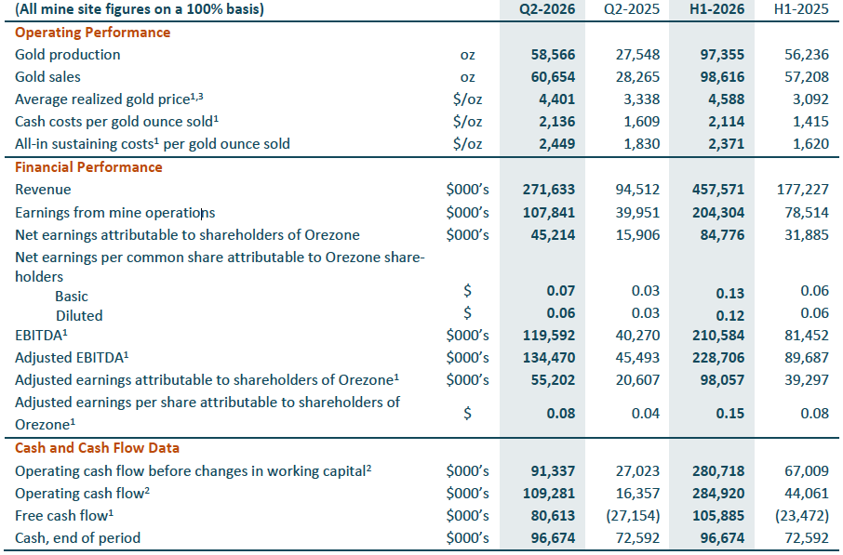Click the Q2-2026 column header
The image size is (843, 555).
[547, 9]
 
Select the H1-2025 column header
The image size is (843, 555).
[801, 9]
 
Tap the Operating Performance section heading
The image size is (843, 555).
[92, 33]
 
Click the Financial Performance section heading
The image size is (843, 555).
[88, 167]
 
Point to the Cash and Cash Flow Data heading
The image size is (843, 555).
[98, 448]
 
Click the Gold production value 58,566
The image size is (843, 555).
[553, 55]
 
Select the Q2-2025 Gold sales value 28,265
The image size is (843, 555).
[637, 77]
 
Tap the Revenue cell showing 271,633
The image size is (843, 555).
[548, 190]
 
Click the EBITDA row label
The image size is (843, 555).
[41, 336]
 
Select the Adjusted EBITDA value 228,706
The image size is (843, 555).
[718, 358]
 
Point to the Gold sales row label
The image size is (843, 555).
[47, 77]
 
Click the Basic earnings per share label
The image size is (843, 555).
[72, 297]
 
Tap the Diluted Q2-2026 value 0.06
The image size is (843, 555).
[561, 313]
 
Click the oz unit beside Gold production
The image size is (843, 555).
[468, 56]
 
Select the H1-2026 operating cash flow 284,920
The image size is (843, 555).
[718, 494]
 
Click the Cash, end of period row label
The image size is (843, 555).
[77, 538]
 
